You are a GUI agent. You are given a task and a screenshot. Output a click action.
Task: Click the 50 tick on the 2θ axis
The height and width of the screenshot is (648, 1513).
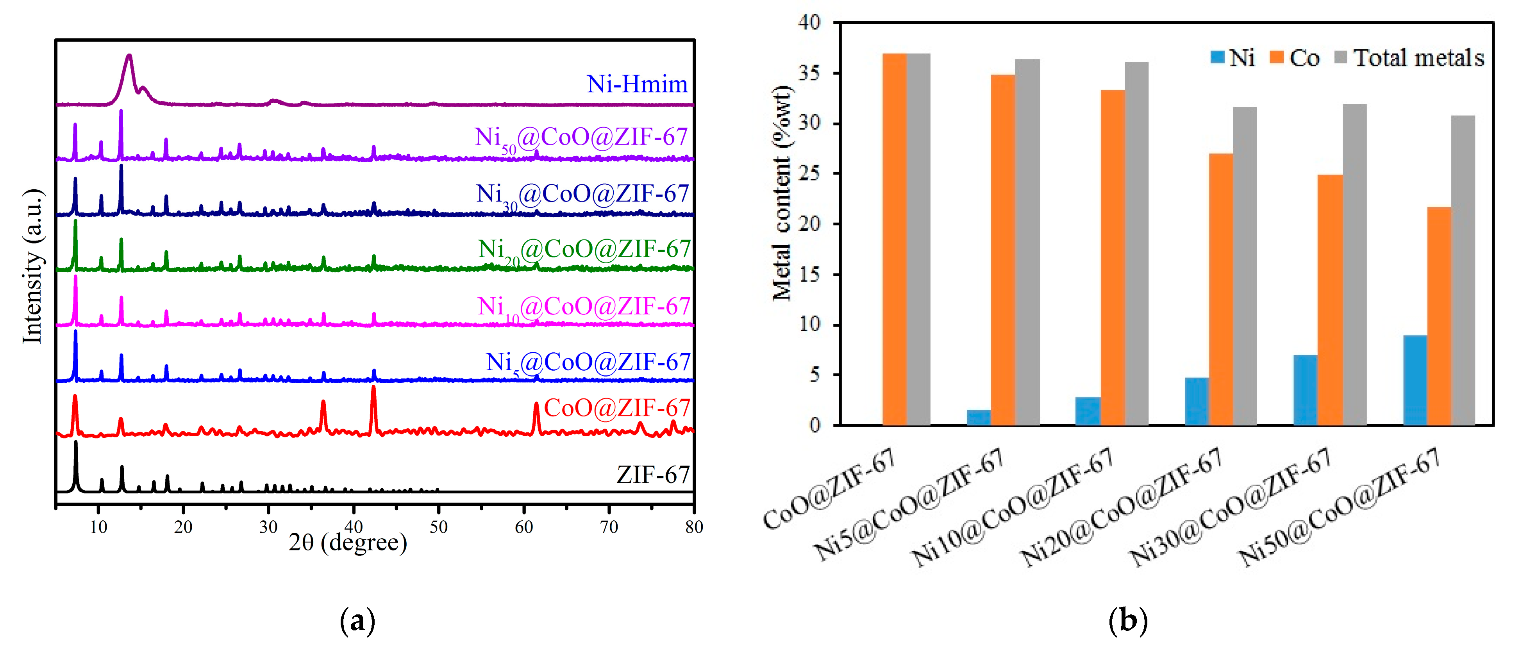tap(438, 527)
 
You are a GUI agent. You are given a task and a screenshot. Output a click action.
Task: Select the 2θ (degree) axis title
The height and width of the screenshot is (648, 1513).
tap(348, 542)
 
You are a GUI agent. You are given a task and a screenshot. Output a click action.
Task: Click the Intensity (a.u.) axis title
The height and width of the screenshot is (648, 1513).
tap(33, 266)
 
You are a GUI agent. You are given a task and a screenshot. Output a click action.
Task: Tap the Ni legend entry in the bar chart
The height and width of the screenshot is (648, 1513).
tap(1233, 57)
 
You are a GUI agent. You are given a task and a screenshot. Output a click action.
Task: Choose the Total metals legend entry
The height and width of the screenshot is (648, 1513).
tap(1409, 57)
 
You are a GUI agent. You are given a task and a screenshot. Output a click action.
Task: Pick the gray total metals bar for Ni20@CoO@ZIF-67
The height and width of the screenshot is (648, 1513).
tap(1245, 266)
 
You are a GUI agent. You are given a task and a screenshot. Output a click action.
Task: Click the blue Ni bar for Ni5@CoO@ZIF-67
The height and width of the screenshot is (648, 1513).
tap(979, 417)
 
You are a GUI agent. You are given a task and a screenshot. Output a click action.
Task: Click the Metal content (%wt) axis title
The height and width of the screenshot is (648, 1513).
tap(782, 194)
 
